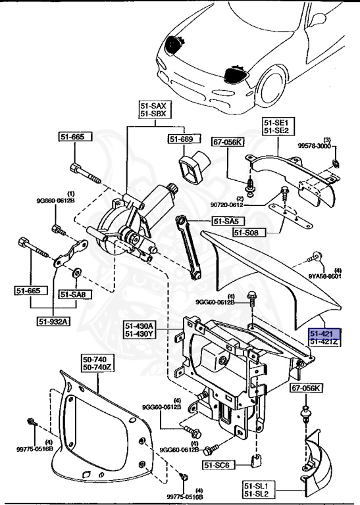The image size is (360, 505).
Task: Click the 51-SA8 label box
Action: pos(74,293)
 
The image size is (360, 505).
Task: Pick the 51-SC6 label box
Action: pos(218,465)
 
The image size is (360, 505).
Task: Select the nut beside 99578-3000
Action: pos(335,162)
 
